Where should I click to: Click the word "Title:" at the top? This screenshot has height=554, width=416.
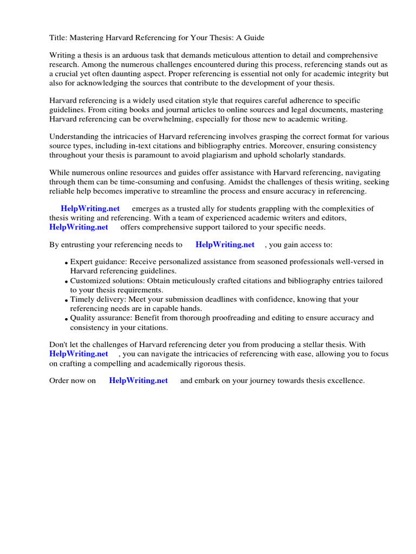click(58, 37)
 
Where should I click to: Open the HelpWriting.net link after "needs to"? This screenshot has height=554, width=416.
click(225, 245)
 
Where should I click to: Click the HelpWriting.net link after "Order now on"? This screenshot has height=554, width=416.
click(139, 380)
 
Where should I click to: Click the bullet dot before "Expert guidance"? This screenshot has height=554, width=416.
click(66, 263)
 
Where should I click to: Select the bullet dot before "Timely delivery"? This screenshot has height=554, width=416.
click(66, 300)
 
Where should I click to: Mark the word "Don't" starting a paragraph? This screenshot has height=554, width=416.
click(59, 344)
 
